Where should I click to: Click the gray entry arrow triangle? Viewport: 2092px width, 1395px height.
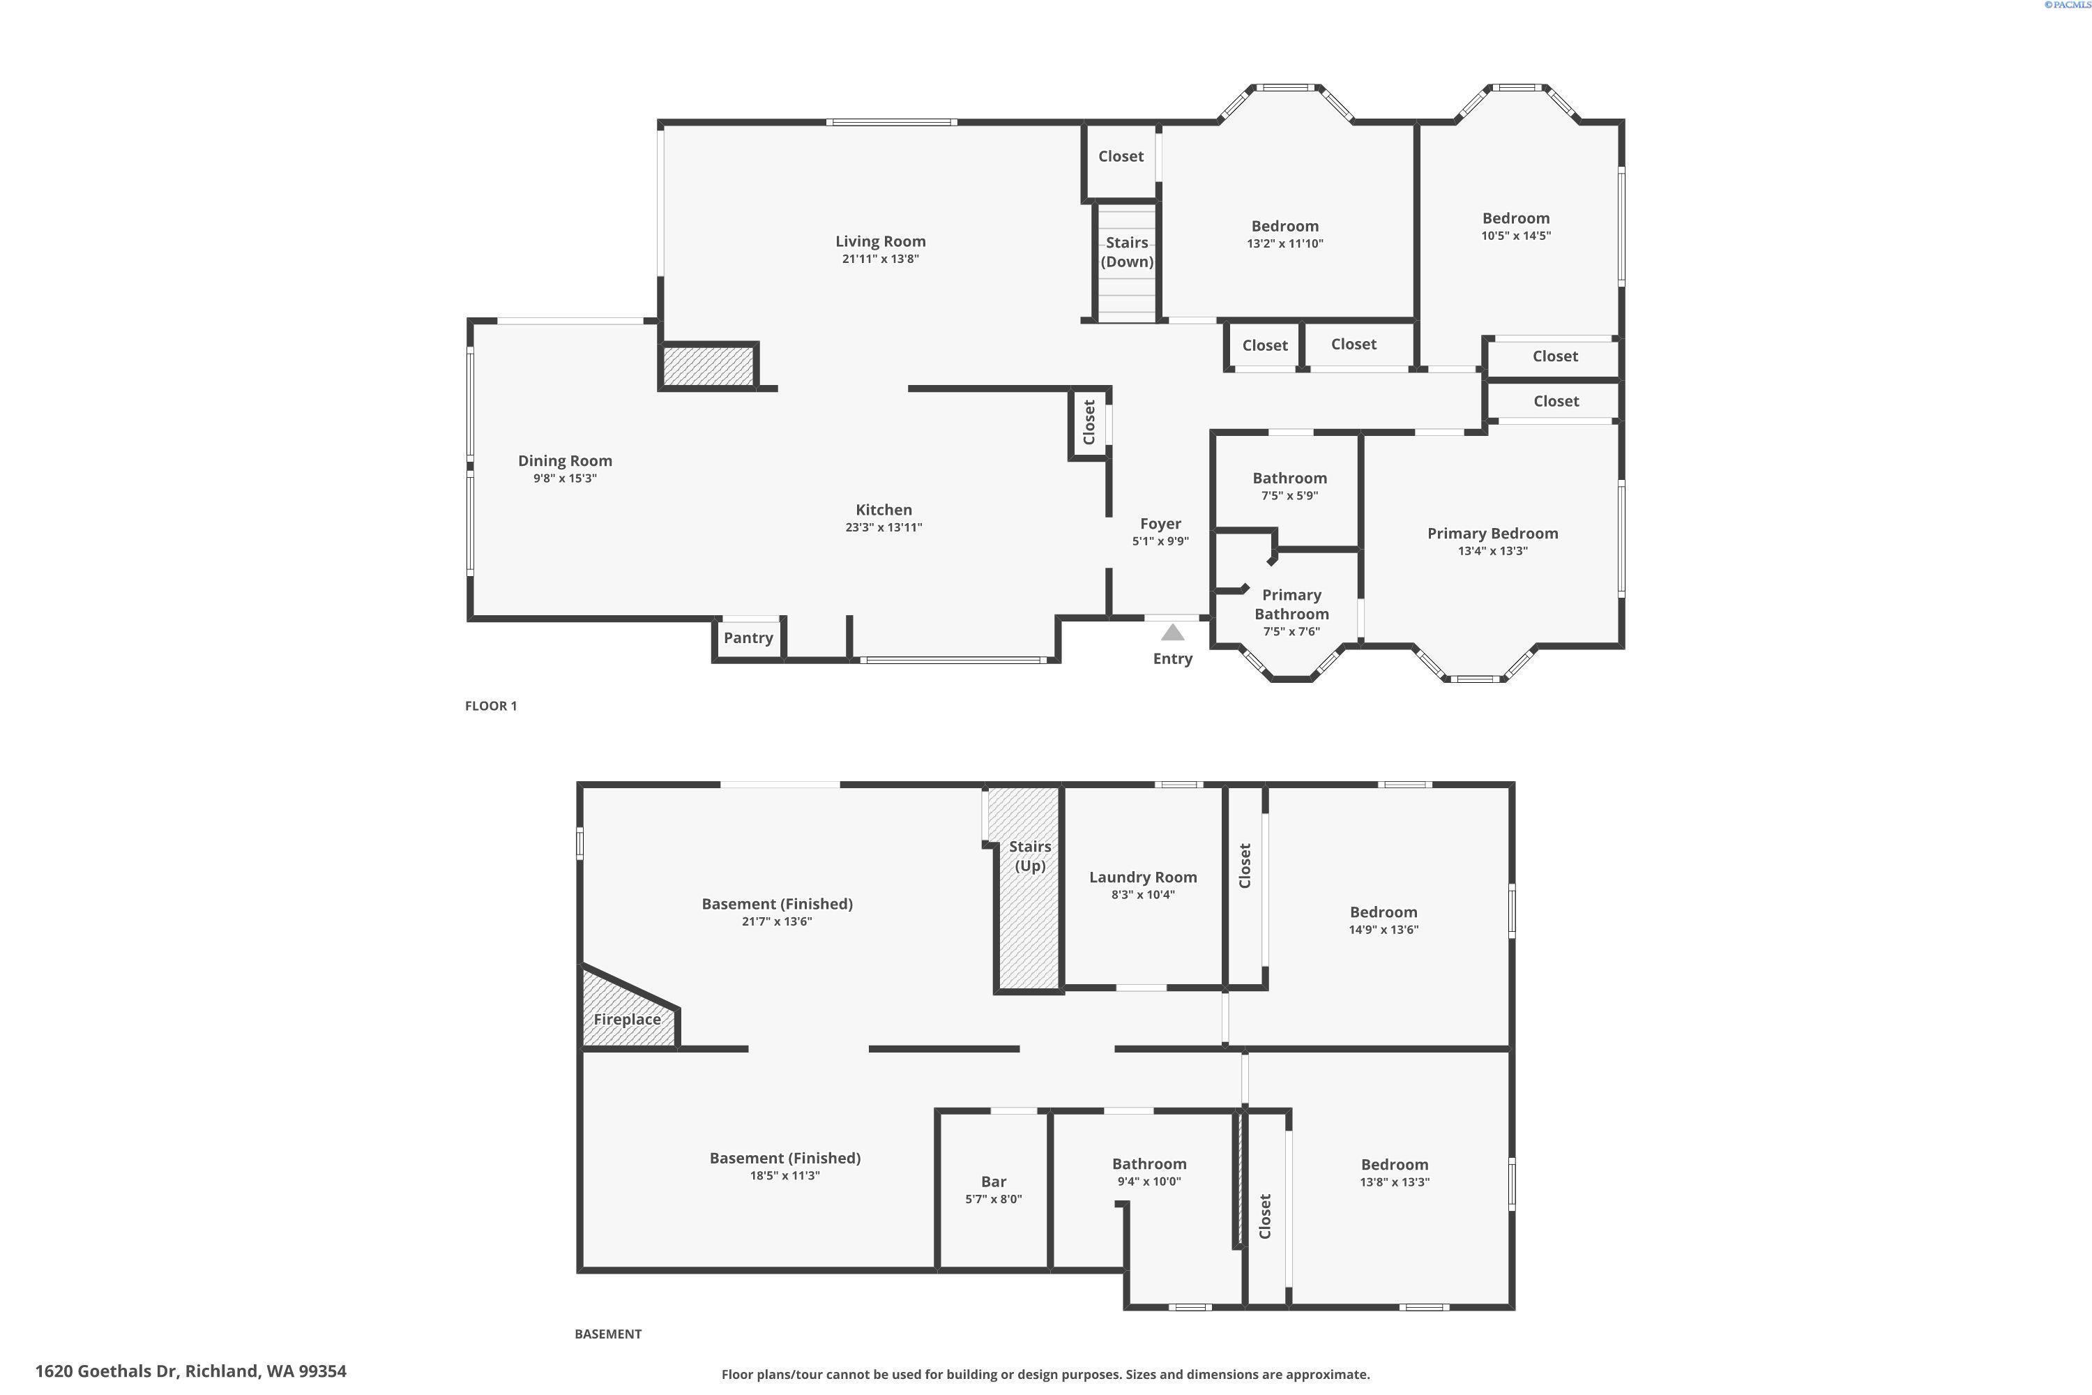[1172, 633]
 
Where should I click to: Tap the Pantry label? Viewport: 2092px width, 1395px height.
[748, 638]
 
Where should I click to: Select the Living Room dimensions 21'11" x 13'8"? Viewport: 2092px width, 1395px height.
[881, 259]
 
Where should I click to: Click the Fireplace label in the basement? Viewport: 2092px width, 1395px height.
[627, 1020]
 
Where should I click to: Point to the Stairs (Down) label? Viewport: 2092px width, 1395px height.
[1127, 252]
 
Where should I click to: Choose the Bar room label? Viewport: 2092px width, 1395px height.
[994, 1182]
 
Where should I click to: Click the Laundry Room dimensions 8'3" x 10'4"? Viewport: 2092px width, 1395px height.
[1143, 895]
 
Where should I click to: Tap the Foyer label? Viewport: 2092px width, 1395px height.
[1161, 524]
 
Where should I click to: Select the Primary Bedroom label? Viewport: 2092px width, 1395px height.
[1492, 534]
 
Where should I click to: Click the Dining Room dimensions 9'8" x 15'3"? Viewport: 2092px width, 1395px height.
[565, 478]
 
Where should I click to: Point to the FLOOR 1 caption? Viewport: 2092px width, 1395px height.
[491, 705]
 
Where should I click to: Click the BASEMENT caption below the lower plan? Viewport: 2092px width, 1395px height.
[607, 1334]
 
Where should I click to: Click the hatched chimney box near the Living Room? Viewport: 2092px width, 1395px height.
[708, 365]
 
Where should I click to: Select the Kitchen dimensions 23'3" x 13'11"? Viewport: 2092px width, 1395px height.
[884, 527]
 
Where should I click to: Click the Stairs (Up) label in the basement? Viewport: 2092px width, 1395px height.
[1030, 856]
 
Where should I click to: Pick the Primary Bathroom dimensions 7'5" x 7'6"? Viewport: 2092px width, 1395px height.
[1291, 632]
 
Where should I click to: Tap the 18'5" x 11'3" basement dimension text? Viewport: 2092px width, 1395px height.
[784, 1175]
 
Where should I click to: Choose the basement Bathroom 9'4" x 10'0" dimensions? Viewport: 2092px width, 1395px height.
[1149, 1182]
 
